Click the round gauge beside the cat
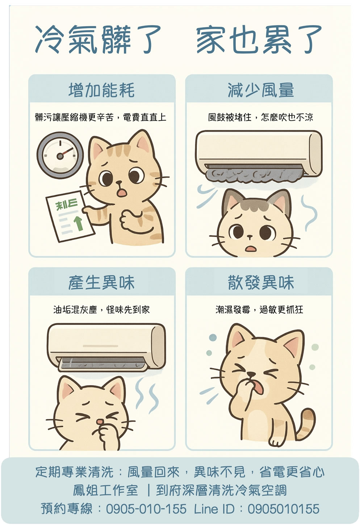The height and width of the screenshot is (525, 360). click(60, 155)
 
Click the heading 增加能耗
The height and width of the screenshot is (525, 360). click(102, 90)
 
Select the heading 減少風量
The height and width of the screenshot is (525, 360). click(260, 90)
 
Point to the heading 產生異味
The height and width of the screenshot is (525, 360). click(101, 283)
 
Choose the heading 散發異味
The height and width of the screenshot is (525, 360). click(261, 283)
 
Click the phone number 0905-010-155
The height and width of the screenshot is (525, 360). click(146, 509)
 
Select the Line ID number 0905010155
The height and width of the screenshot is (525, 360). click(283, 509)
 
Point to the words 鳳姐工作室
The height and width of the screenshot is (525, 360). click(105, 490)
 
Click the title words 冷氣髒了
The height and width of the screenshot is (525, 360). click(98, 39)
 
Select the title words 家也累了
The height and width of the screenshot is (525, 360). click(259, 39)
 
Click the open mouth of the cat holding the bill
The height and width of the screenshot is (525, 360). click(122, 192)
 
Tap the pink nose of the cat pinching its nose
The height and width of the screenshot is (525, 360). click(100, 421)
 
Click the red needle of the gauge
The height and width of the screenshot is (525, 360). click(66, 152)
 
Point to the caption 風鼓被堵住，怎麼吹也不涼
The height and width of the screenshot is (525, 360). click(260, 117)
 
